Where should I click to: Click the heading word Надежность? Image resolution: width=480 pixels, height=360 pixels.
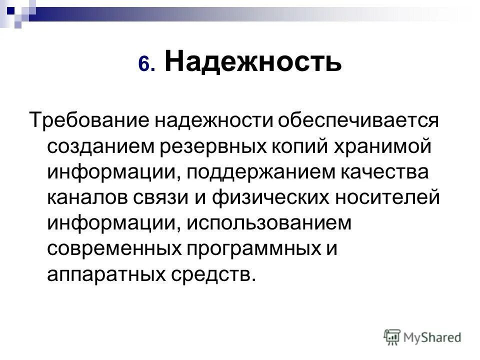point(253,62)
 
